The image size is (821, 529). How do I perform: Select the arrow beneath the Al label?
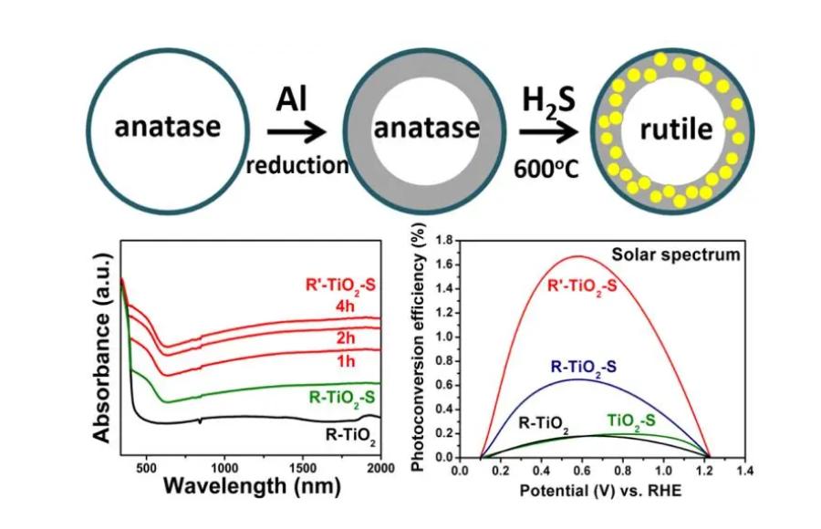299,131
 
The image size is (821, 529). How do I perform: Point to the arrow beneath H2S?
549,131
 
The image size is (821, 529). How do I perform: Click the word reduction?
298,165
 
